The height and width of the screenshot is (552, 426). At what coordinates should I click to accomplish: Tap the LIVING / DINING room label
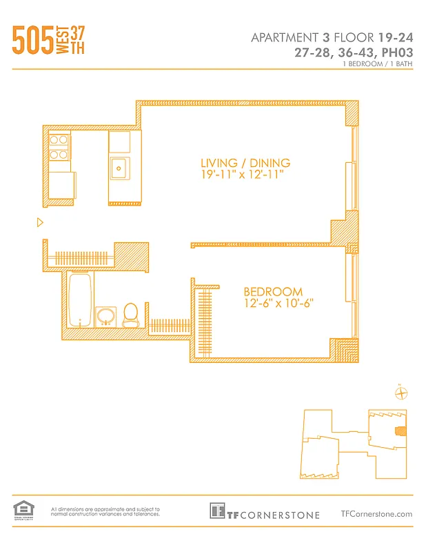tap(245, 163)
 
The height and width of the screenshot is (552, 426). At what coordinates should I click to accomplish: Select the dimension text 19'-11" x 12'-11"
tap(242, 175)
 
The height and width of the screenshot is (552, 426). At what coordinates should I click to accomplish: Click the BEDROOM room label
tap(273, 291)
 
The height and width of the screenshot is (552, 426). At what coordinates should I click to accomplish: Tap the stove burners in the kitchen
tap(59, 146)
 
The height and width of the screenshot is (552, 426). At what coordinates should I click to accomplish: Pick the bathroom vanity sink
tap(105, 317)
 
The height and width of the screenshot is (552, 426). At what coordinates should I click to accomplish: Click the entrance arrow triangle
tap(40, 222)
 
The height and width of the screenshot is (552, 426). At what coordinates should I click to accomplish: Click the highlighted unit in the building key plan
tap(398, 432)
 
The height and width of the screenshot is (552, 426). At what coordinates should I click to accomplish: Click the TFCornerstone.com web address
tap(376, 513)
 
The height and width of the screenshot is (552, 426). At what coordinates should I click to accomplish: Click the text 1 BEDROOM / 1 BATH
tap(378, 63)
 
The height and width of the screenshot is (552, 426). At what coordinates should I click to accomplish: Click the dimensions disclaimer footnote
tap(105, 511)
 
